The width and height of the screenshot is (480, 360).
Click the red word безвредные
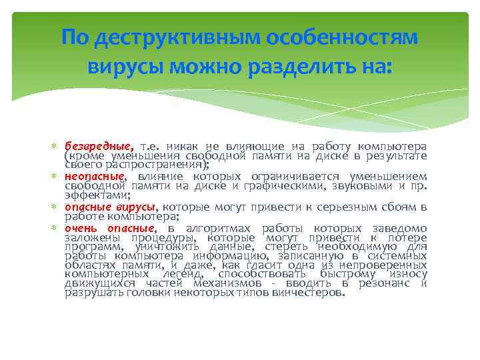point(99,146)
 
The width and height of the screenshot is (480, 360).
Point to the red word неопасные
point(95,176)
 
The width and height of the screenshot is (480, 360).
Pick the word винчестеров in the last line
point(308,293)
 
